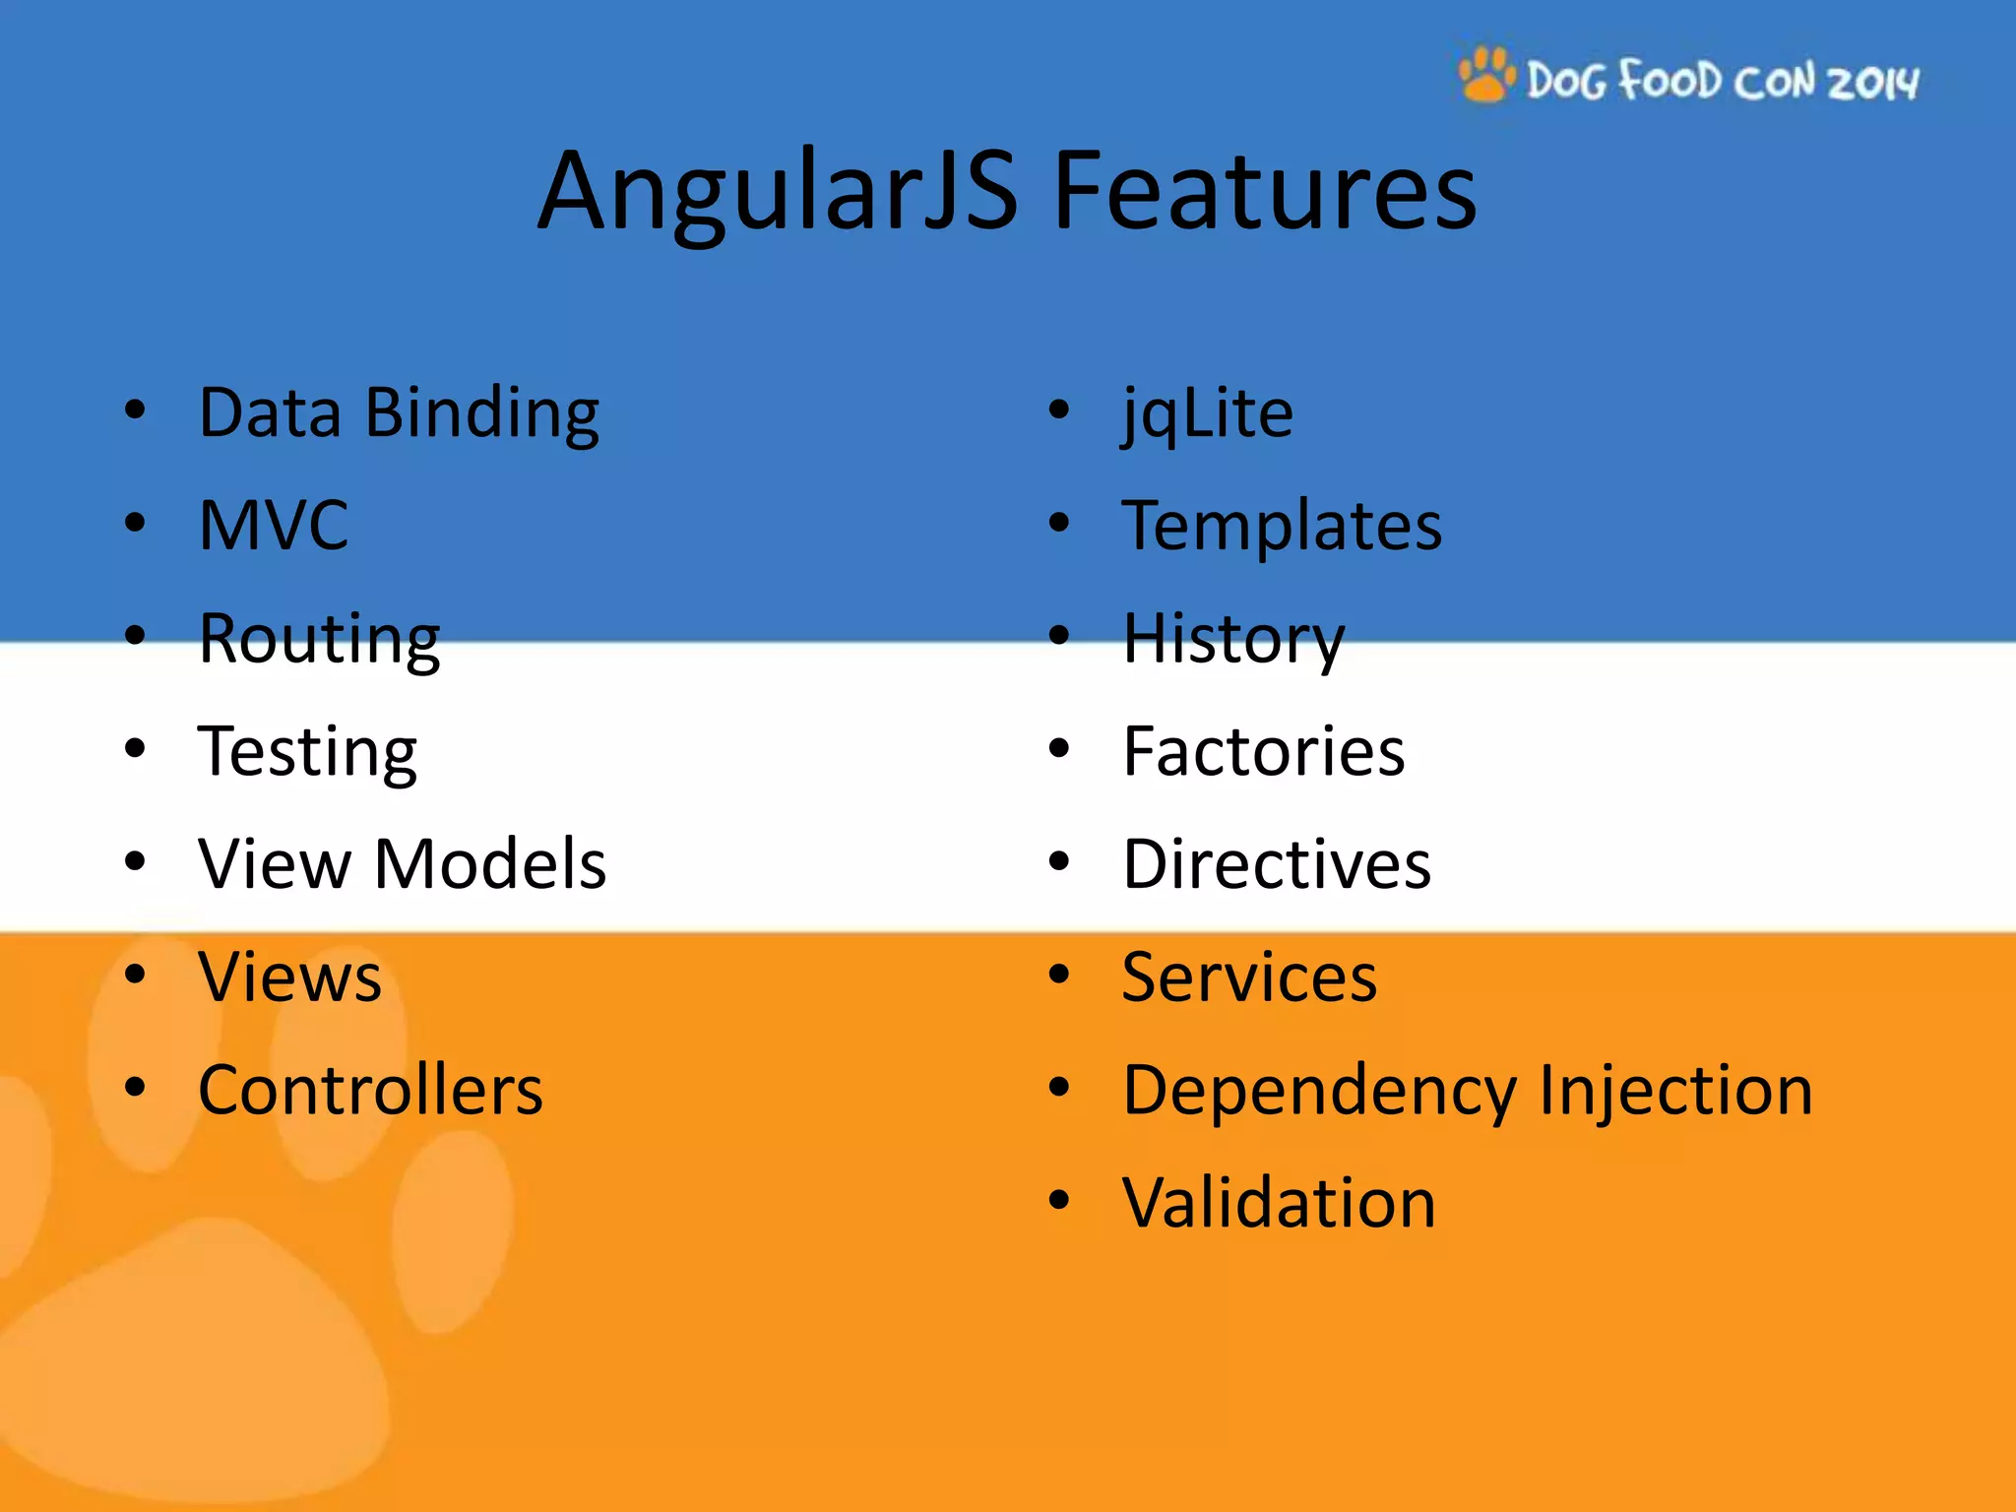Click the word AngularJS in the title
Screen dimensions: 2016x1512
pyautogui.click(x=778, y=192)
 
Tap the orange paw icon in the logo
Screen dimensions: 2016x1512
pyautogui.click(x=1486, y=75)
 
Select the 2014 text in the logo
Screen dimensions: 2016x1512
pyautogui.click(x=1873, y=82)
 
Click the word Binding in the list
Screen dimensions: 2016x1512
pyautogui.click(x=481, y=413)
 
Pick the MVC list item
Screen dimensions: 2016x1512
pyautogui.click(x=274, y=525)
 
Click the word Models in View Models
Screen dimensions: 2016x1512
pyautogui.click(x=490, y=864)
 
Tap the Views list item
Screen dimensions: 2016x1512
pyautogui.click(x=289, y=977)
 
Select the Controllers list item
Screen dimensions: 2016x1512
pyautogui.click(x=370, y=1091)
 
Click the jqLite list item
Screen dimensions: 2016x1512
pyautogui.click(x=1207, y=413)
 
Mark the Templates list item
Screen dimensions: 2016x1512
pyautogui.click(x=1282, y=526)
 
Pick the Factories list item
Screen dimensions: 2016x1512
pyautogui.click(x=1264, y=752)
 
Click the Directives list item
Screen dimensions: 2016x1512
pyautogui.click(x=1277, y=864)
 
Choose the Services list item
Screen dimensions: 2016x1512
pyautogui.click(x=1249, y=977)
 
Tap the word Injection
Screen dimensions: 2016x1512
pyautogui.click(x=1674, y=1091)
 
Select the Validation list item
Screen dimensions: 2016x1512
pyautogui.click(x=1279, y=1203)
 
